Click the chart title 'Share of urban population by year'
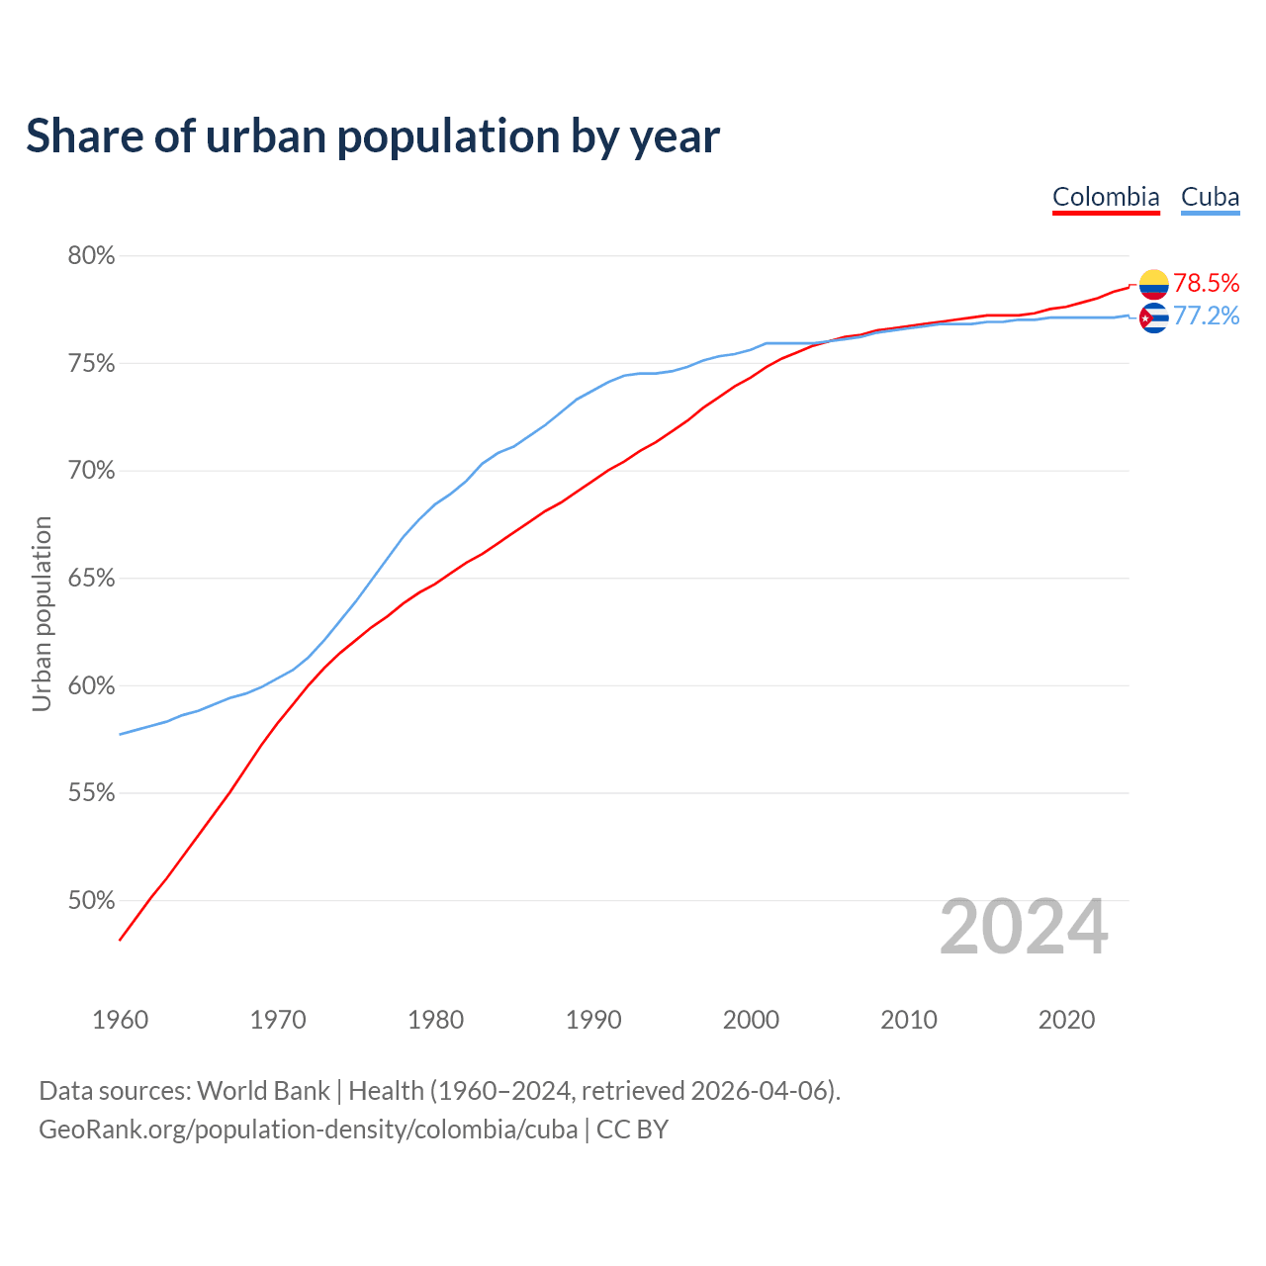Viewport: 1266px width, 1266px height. pyautogui.click(x=372, y=136)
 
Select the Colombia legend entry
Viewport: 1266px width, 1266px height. pyautogui.click(x=1106, y=197)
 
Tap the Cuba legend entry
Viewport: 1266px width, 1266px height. pyautogui.click(x=1210, y=197)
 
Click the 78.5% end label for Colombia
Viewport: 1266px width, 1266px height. pyautogui.click(x=1206, y=283)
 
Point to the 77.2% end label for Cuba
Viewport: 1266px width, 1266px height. pyautogui.click(x=1206, y=316)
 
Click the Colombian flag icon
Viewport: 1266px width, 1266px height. pyautogui.click(x=1153, y=284)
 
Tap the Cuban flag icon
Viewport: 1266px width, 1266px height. pyautogui.click(x=1153, y=317)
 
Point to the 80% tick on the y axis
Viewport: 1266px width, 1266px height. pyautogui.click(x=91, y=256)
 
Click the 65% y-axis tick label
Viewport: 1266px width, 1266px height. pyautogui.click(x=91, y=578)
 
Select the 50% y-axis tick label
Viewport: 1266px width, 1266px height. pyautogui.click(x=91, y=901)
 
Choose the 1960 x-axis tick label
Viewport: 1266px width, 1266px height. pyautogui.click(x=120, y=1020)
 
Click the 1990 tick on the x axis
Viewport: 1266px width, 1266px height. pyautogui.click(x=593, y=1020)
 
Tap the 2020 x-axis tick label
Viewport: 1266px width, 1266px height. pyautogui.click(x=1066, y=1020)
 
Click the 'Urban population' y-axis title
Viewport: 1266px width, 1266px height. pyautogui.click(x=42, y=613)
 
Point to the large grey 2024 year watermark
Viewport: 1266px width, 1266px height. pyautogui.click(x=1024, y=928)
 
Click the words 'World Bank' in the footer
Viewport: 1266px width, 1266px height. pyautogui.click(x=263, y=1091)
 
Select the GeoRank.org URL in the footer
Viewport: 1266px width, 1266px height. pyautogui.click(x=308, y=1130)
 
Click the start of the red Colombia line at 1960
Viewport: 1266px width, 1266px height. pyautogui.click(x=121, y=939)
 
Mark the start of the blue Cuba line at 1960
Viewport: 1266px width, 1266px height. pyautogui.click(x=121, y=734)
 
